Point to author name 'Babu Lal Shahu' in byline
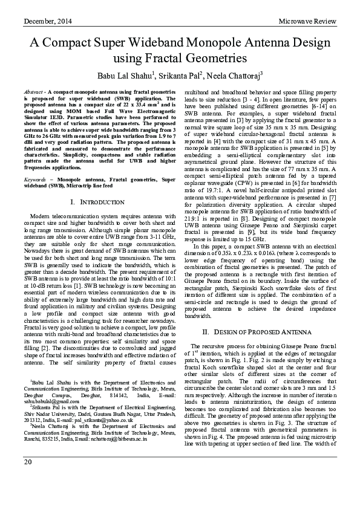tap(123, 76)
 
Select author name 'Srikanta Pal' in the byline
tap(180, 76)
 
